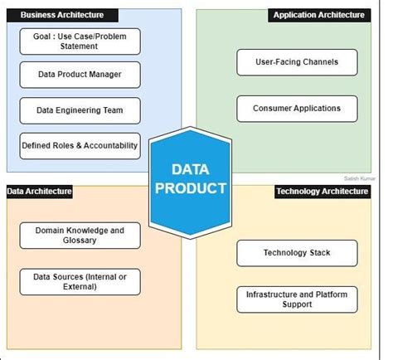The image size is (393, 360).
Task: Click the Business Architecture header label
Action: tap(63, 15)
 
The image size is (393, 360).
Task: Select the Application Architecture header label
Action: tap(318, 15)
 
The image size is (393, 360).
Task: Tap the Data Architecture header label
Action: tap(40, 192)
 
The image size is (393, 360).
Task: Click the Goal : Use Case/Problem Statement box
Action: tap(80, 41)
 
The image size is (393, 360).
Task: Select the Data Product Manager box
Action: tap(80, 75)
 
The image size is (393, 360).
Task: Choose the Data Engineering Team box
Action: tap(80, 109)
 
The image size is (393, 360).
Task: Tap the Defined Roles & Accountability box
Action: tap(80, 145)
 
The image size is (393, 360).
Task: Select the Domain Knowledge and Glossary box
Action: tap(80, 235)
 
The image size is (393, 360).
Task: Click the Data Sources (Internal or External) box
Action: tap(80, 282)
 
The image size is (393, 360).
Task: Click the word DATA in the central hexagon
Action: tap(189, 170)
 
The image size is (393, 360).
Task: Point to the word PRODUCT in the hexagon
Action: tap(189, 188)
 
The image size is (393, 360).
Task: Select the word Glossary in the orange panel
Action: tap(80, 241)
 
